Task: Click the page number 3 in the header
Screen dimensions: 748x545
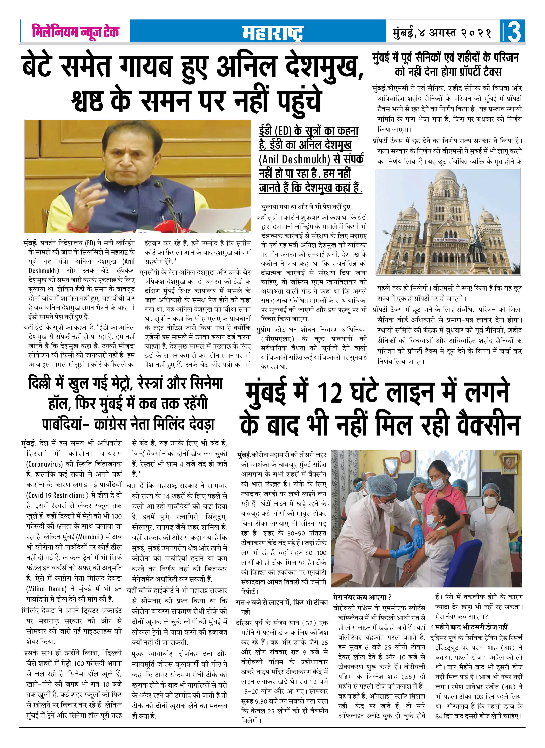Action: click(x=514, y=32)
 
